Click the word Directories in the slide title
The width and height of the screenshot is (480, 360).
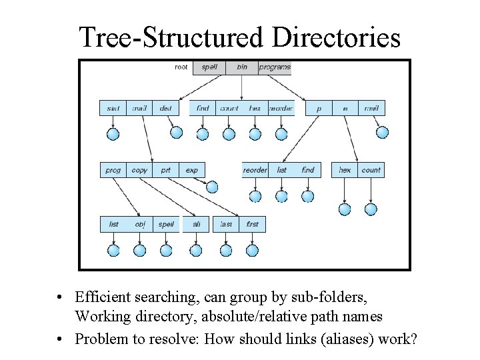[336, 38]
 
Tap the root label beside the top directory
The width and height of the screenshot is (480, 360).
[181, 67]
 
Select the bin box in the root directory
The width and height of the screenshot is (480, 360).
[241, 67]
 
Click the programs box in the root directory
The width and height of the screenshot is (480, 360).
[275, 67]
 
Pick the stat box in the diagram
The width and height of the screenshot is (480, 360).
[113, 108]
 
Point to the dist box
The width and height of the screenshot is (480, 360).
[166, 108]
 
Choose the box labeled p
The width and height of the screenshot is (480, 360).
[319, 108]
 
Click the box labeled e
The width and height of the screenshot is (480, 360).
[345, 108]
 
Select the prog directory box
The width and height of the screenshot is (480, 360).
[113, 170]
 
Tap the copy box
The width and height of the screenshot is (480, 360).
[139, 170]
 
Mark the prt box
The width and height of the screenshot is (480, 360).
[165, 170]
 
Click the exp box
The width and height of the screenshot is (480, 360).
[192, 170]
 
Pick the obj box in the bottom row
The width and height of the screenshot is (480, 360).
[139, 225]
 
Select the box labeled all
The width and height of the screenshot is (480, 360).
[196, 225]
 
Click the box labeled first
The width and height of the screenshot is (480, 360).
[252, 225]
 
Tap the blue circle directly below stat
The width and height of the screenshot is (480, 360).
[113, 134]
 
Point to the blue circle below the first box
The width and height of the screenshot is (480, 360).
[252, 251]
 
